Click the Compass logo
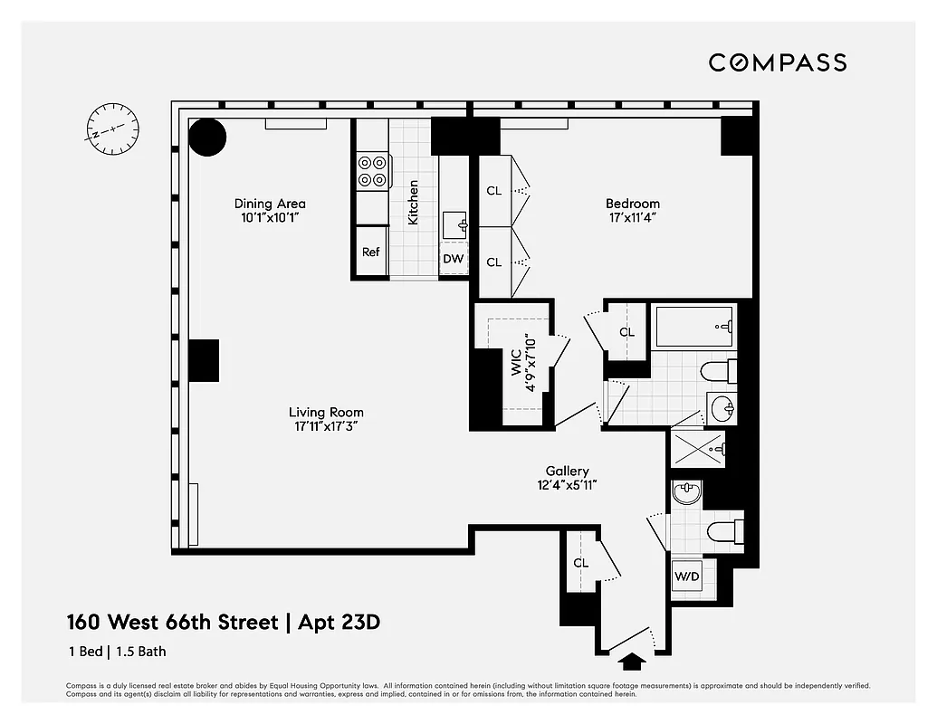(777, 62)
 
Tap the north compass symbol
(107, 129)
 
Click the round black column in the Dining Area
(207, 137)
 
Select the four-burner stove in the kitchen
(371, 171)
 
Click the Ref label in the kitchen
(371, 252)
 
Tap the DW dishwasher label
(454, 260)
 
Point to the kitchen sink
(454, 224)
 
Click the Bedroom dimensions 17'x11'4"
(633, 218)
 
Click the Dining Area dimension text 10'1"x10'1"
(270, 218)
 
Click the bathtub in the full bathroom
(694, 326)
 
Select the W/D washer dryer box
(685, 576)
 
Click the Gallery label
(568, 471)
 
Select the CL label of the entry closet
(580, 563)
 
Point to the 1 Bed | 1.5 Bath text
(117, 651)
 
